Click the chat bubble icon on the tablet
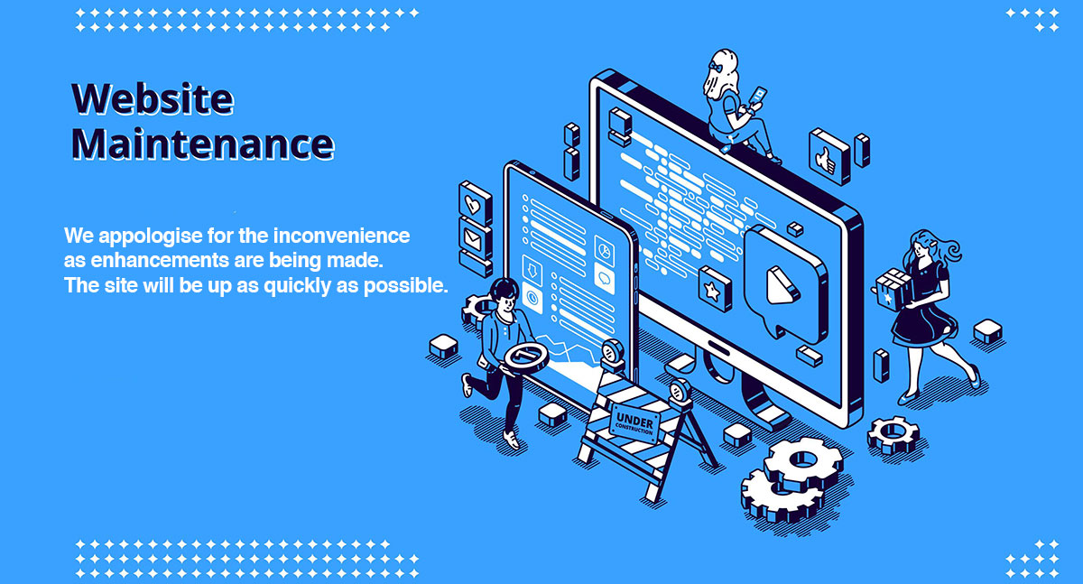coord(604,276)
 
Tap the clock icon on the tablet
coord(532,297)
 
